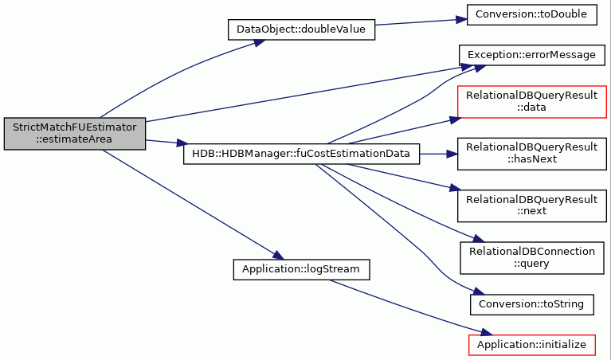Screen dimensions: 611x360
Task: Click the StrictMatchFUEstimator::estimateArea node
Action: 75,134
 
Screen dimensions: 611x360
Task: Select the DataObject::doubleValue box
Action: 301,29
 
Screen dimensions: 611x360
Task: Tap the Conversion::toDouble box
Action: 532,15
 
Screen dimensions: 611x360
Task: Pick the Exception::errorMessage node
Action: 532,55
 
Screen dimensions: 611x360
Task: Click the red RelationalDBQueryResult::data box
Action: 532,102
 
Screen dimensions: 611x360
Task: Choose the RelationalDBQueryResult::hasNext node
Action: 532,154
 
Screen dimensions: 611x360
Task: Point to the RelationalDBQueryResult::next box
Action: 532,205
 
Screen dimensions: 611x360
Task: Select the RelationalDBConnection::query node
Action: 532,258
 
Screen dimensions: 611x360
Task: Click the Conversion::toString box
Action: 532,305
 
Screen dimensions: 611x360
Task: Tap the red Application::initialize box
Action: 532,345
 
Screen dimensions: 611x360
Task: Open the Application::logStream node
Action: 301,269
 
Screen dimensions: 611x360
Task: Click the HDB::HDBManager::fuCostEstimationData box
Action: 301,154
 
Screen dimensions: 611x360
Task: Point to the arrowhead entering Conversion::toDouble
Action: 462,19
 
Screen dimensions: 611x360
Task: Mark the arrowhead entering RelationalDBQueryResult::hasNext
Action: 452,154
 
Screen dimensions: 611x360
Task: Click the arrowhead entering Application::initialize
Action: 487,332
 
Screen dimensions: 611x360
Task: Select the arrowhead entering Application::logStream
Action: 279,256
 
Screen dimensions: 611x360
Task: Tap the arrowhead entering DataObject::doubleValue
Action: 260,42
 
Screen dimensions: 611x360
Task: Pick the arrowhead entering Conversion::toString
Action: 479,292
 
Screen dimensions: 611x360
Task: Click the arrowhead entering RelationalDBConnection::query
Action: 478,238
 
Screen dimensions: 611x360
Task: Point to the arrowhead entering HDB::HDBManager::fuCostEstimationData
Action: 182,143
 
